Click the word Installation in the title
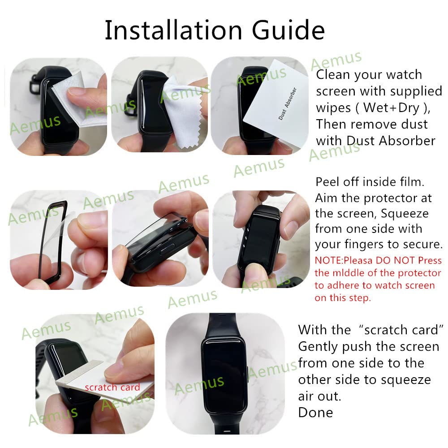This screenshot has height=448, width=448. coord(172,30)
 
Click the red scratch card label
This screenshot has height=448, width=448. coord(112,387)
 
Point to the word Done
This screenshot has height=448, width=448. coord(315,412)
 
